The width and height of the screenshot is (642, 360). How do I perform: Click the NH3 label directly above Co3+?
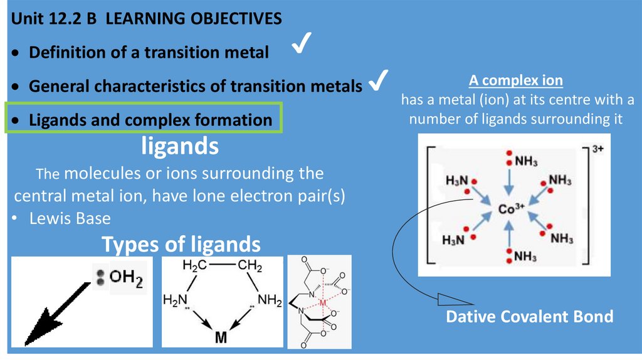(525, 161)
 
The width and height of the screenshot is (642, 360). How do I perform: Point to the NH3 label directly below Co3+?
(525, 256)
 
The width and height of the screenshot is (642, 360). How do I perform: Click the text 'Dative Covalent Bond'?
(529, 316)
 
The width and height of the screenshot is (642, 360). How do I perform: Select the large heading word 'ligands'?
(180, 147)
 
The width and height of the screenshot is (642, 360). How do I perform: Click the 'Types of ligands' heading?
(181, 243)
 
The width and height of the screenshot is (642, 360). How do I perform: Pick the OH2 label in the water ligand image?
(126, 277)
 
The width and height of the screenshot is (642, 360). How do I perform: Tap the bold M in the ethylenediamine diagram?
(221, 337)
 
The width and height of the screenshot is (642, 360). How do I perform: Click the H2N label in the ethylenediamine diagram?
(176, 300)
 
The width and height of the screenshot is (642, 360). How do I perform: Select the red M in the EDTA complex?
(324, 304)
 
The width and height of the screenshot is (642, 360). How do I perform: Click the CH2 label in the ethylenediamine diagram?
(250, 266)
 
